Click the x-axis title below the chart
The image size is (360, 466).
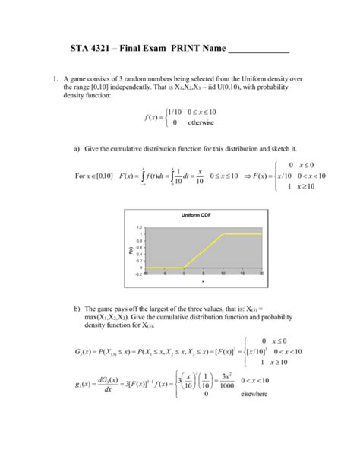(203, 283)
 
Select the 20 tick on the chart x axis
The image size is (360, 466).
(261, 274)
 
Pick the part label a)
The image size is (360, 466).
(77, 148)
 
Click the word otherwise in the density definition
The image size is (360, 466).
(201, 122)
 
